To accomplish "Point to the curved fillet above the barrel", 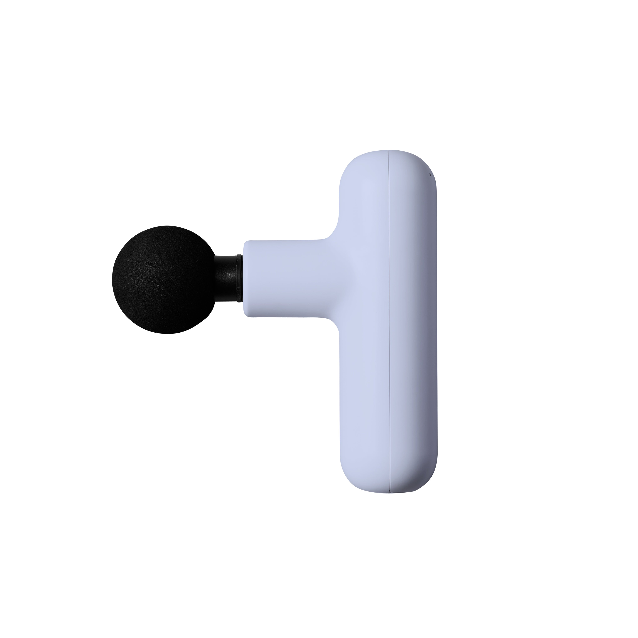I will tap(334, 231).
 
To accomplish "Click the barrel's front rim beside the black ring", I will tap(246, 278).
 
